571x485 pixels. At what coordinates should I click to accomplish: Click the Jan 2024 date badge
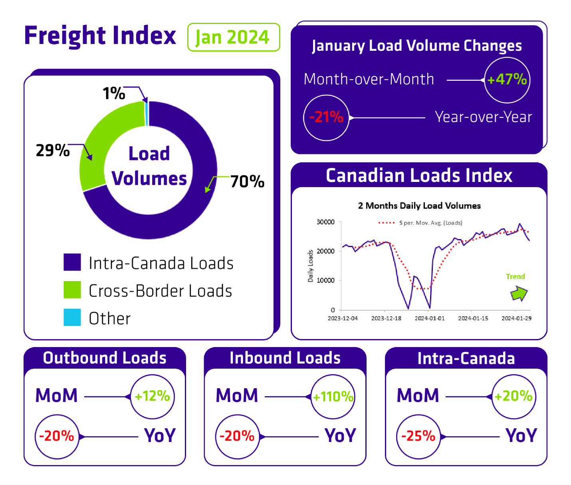pos(233,37)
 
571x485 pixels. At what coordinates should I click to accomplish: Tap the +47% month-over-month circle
pos(507,80)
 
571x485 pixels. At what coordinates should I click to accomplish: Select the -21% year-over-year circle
pos(326,118)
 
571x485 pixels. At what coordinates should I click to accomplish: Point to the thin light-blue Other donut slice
pos(147,114)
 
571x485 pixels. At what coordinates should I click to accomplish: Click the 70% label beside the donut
pos(247,182)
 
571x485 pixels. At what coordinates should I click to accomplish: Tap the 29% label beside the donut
pos(53,151)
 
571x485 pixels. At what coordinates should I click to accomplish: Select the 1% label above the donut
pos(114,94)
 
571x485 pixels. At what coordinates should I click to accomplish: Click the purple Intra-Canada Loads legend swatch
pos(72,262)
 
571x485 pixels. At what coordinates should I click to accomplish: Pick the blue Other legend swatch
pos(72,317)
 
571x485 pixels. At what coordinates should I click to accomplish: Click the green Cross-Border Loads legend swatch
pos(72,290)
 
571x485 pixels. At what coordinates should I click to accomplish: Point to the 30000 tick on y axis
pos(325,222)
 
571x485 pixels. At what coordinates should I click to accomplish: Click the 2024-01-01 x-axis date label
pos(429,318)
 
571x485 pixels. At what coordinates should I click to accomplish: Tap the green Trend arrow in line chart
pos(519,293)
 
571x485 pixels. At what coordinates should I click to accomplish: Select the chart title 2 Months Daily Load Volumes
pos(419,206)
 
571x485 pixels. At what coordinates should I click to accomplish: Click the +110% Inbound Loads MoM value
pos(333,397)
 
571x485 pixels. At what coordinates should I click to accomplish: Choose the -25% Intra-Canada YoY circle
pos(418,436)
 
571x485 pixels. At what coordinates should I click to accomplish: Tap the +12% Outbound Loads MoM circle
pos(153,396)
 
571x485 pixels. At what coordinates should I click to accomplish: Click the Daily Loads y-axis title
pos(310,266)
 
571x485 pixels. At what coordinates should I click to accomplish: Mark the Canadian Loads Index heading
pos(419,176)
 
